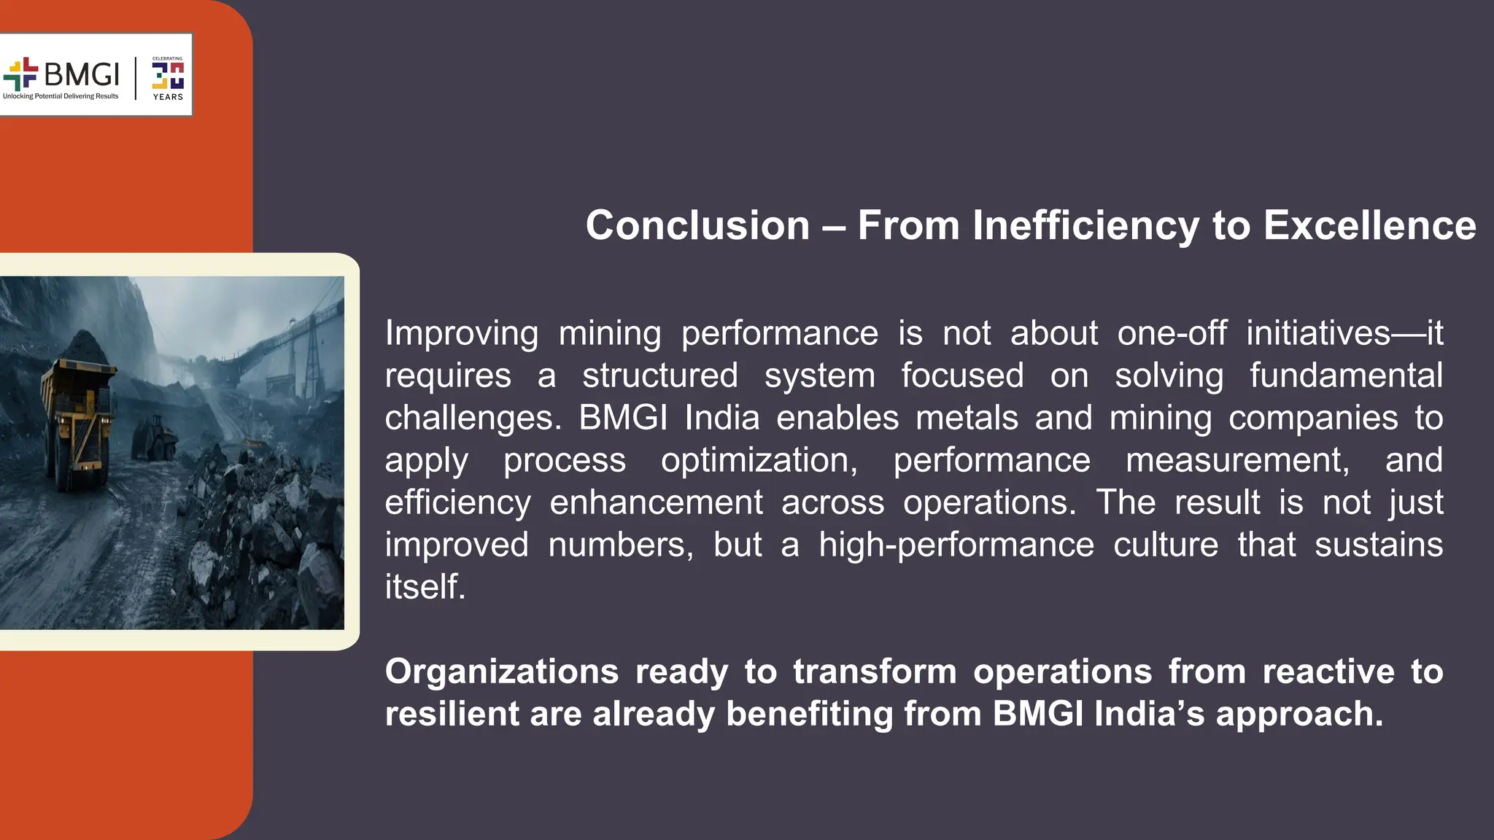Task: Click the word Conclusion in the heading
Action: [x=697, y=225]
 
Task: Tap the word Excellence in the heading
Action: [x=1369, y=225]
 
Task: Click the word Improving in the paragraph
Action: [x=461, y=334]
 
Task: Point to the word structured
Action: [x=659, y=376]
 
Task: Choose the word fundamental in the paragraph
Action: [x=1346, y=376]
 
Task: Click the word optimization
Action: [x=759, y=461]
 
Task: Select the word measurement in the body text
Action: [x=1237, y=461]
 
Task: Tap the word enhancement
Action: [x=656, y=503]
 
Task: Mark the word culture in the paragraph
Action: [x=1165, y=545]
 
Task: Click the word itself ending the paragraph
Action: [x=425, y=587]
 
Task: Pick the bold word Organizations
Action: [x=501, y=672]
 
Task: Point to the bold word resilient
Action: [x=451, y=714]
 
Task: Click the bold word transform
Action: [x=874, y=672]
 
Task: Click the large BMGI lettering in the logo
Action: [x=81, y=74]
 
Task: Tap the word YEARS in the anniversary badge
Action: [x=168, y=97]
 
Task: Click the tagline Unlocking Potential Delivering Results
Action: [x=61, y=96]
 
